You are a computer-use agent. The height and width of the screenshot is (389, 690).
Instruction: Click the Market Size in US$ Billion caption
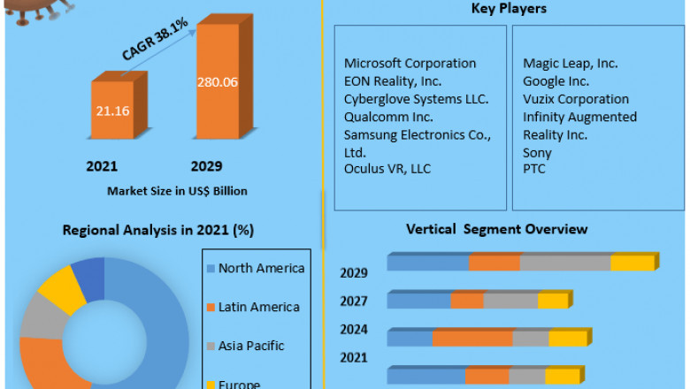point(177,190)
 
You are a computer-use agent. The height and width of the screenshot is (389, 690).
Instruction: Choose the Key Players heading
point(510,9)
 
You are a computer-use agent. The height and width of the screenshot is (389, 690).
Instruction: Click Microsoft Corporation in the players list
point(410,64)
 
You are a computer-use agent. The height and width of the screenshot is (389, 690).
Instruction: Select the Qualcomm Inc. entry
point(388,117)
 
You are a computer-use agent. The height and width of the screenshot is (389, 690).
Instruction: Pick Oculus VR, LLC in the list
point(387,169)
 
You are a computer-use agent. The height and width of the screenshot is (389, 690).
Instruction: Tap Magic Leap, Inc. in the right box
point(571,64)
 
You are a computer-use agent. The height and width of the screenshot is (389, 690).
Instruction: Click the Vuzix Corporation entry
point(576,99)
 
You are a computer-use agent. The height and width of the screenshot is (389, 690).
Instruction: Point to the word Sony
point(537,152)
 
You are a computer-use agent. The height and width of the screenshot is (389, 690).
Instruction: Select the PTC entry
point(534,168)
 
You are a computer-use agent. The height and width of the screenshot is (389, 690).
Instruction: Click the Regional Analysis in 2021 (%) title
point(158,230)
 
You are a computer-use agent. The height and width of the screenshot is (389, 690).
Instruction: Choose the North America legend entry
point(261,269)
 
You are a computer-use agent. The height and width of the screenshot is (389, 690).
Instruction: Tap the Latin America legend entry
point(258,307)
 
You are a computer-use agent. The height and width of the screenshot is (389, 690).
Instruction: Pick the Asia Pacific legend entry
point(251,346)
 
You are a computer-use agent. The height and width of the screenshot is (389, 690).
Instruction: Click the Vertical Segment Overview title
point(496,229)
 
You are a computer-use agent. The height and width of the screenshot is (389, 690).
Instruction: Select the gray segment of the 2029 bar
point(565,263)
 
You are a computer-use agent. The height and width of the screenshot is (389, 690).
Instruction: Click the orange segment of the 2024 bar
point(472,339)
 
